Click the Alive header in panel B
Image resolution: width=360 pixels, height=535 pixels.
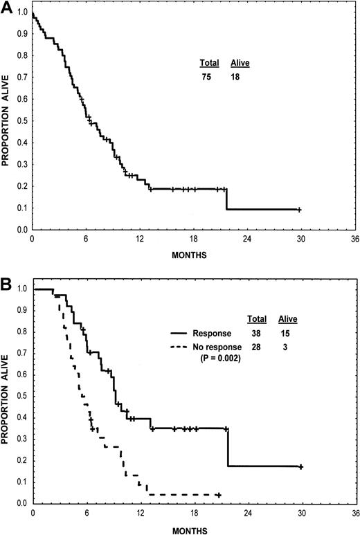[x=288, y=320]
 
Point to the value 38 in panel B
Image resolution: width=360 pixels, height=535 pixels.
[x=255, y=334]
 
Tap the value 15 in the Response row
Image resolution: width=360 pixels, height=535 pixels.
[x=287, y=334]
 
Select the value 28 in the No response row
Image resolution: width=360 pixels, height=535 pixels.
[x=255, y=349]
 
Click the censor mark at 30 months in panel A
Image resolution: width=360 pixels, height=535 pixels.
[x=299, y=210]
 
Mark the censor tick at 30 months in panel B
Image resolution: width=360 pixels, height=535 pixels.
[x=301, y=467]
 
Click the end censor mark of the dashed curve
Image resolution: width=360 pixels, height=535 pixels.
[x=219, y=495]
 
